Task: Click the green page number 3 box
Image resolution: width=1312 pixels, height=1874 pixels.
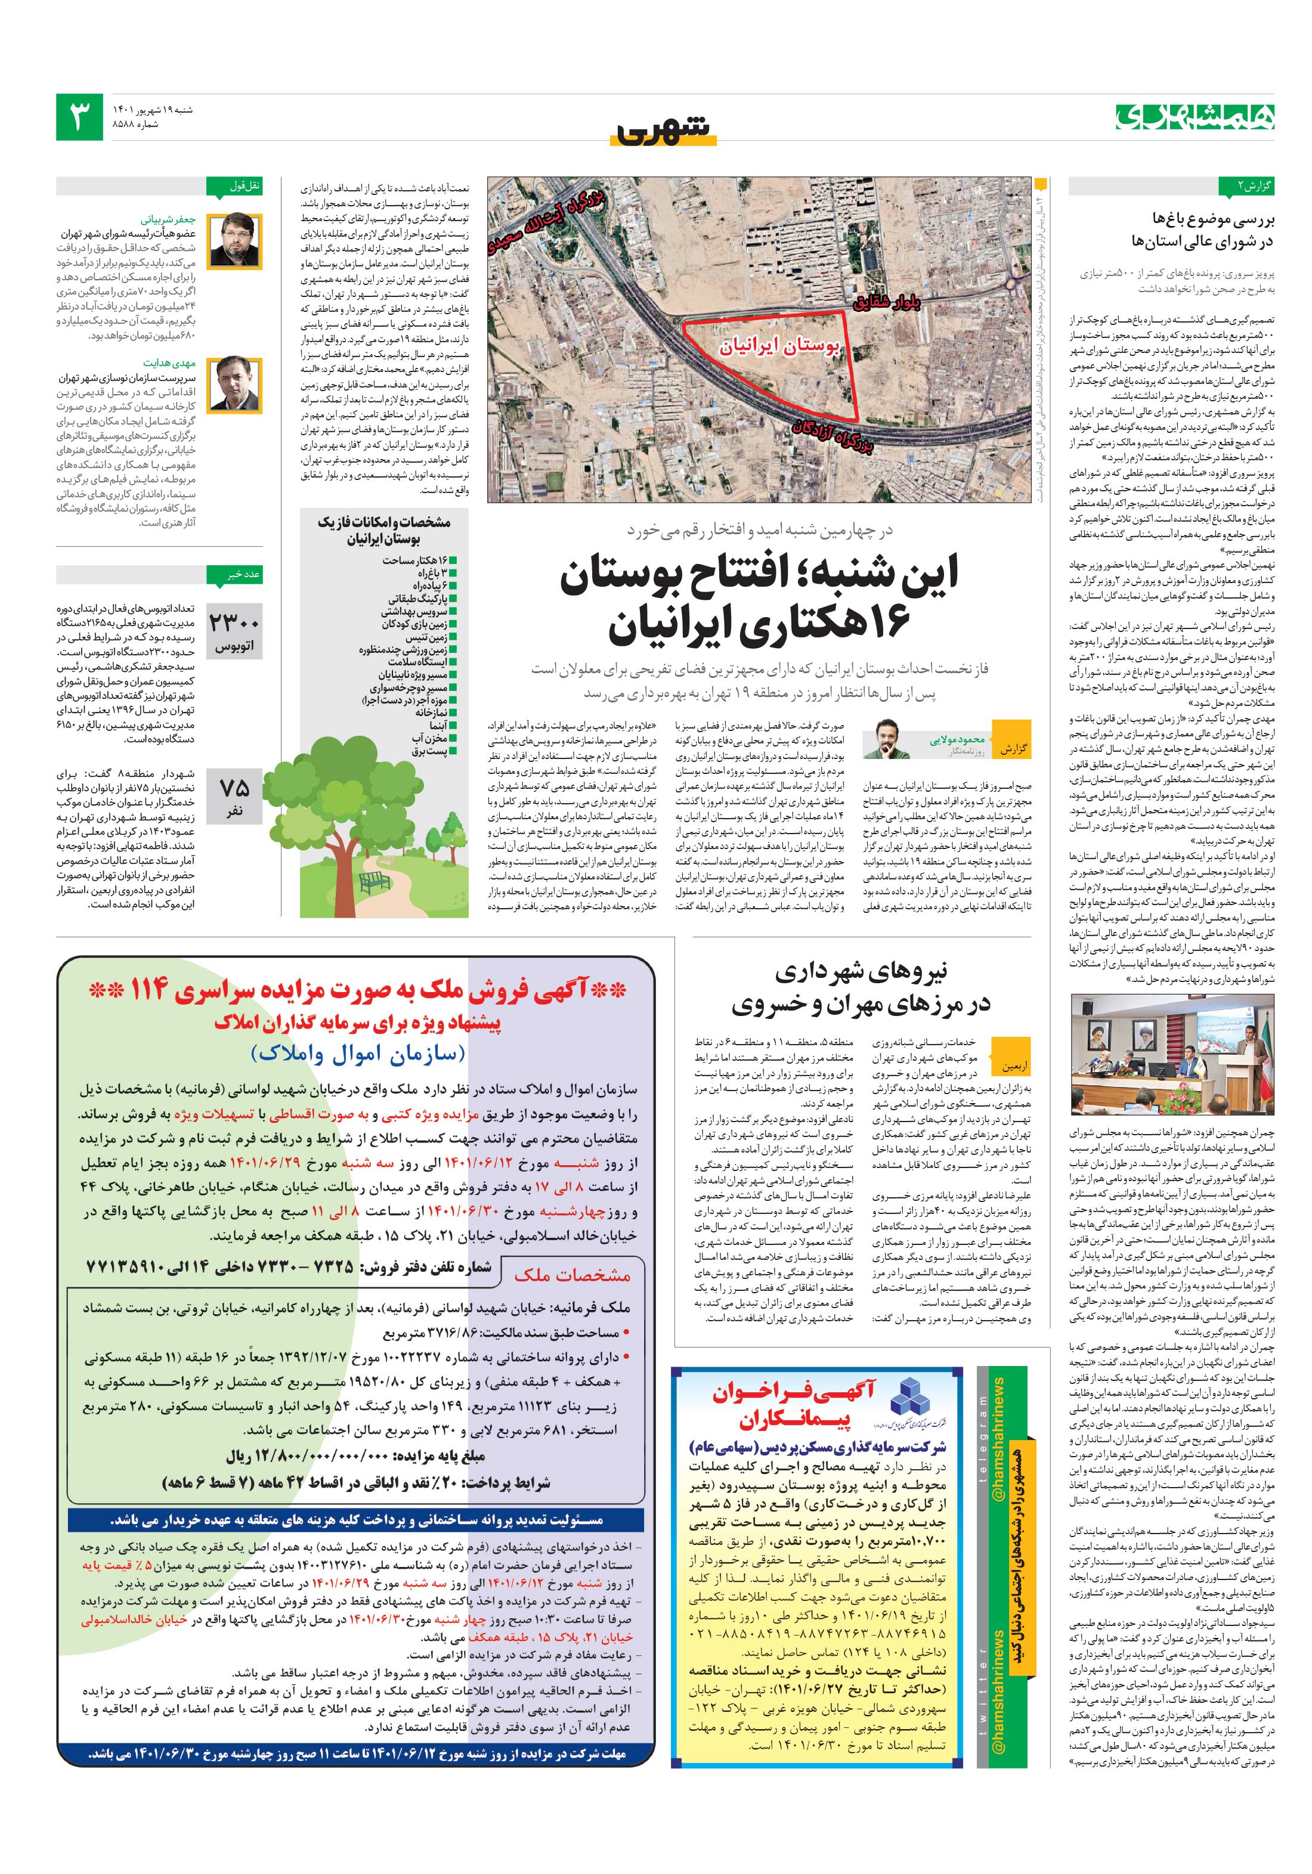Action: [79, 117]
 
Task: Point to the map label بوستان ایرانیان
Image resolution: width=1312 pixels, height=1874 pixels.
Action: [779, 347]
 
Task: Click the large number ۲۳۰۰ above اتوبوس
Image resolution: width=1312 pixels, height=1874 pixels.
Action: [234, 622]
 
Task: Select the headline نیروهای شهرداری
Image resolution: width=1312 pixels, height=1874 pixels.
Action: [861, 972]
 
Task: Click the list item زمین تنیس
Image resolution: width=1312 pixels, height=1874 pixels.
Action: [426, 637]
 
